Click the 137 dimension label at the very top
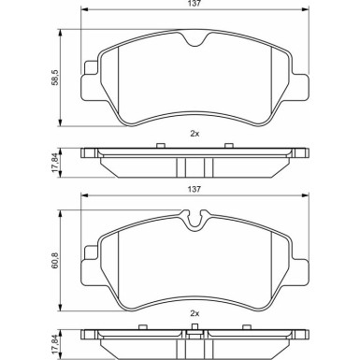tap(194, 4)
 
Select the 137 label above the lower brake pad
tap(194, 189)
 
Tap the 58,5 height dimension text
tap(56, 78)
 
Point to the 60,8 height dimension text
tap(56, 261)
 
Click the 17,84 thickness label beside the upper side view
tap(56, 163)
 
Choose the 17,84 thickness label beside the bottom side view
tap(56, 344)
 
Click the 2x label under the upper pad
tap(194, 134)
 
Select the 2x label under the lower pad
tap(194, 314)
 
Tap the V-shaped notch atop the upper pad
tap(194, 39)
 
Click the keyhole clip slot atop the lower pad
tap(195, 221)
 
